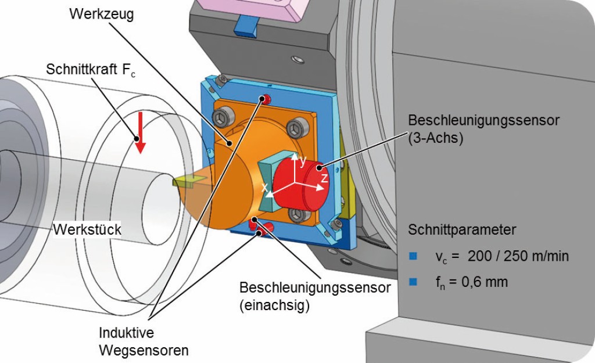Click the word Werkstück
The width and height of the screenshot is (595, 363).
pos(88,229)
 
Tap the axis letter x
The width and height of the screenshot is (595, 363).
pos(264,188)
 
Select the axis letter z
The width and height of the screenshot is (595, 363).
pos(324,178)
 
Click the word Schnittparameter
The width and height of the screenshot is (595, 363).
pos(462,229)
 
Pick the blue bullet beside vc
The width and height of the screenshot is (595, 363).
pos(413,256)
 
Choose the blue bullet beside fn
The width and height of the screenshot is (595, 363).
pos(413,282)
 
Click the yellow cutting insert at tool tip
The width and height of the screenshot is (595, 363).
pos(187,181)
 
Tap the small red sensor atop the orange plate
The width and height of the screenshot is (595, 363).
pos(267,97)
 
